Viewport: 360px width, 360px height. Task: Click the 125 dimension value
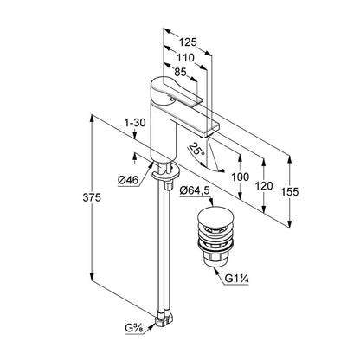188,42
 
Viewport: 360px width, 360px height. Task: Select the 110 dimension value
185,58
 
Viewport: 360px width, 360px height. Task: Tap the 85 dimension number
181,72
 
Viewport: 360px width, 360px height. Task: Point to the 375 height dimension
92,197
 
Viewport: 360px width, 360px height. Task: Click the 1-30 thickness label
135,123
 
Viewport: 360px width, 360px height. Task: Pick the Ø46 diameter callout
128,181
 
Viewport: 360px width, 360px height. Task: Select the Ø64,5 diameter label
195,190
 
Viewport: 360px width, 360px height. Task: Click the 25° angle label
196,150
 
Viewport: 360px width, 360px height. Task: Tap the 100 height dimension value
240,177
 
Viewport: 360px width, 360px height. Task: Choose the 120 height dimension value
264,186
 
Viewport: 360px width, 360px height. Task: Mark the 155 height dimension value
290,192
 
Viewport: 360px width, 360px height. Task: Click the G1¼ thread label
237,279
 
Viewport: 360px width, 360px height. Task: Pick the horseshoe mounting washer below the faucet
166,174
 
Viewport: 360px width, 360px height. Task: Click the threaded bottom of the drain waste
215,258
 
